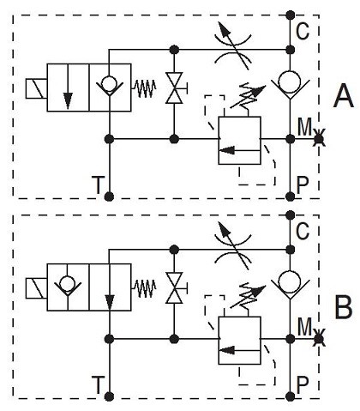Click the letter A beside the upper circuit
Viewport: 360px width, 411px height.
click(x=344, y=97)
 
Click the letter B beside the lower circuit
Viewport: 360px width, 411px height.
click(x=344, y=307)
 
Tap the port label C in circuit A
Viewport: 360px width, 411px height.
click(x=303, y=31)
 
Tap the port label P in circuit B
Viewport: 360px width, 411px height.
click(x=303, y=385)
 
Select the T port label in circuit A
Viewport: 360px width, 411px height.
click(x=98, y=185)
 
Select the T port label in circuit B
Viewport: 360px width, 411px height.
click(x=98, y=385)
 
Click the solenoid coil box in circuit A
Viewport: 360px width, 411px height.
click(x=36, y=88)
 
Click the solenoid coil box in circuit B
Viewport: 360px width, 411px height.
click(x=36, y=288)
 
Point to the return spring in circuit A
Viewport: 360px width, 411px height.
click(x=144, y=88)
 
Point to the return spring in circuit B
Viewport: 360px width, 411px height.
click(x=144, y=288)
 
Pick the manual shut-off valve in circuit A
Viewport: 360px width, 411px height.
click(x=175, y=88)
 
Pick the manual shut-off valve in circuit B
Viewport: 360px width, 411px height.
click(x=175, y=287)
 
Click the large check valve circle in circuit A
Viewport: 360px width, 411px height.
click(x=290, y=82)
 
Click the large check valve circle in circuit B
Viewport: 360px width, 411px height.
click(x=290, y=281)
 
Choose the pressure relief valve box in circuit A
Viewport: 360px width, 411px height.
click(x=239, y=141)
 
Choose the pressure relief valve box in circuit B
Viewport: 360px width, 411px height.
click(x=239, y=341)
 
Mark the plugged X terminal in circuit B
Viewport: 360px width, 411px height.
click(x=319, y=340)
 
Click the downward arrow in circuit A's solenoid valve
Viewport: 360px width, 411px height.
click(x=68, y=87)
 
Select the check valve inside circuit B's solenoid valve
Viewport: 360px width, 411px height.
click(x=68, y=286)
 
